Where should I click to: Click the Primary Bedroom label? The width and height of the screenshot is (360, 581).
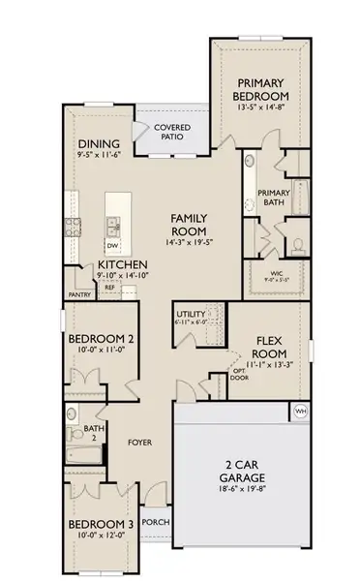pyautogui.click(x=262, y=91)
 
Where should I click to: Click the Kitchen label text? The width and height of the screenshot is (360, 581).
pyautogui.click(x=122, y=263)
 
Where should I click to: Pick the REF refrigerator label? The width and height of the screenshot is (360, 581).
pyautogui.click(x=110, y=288)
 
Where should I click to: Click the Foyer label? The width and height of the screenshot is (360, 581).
pyautogui.click(x=141, y=443)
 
